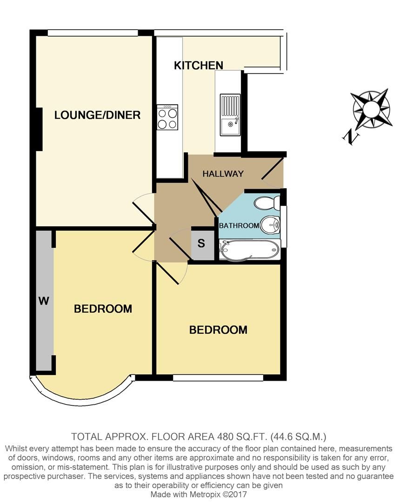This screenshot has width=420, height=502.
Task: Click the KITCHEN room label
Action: (x=199, y=66)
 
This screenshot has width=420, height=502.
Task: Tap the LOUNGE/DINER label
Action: (x=97, y=115)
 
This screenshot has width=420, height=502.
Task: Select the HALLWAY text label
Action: (x=223, y=174)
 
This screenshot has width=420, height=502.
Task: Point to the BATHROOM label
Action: (x=239, y=225)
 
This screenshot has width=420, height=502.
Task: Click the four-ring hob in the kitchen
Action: (x=167, y=117)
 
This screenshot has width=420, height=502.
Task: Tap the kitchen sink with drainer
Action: (x=230, y=114)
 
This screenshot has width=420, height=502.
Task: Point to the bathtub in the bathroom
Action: (x=249, y=250)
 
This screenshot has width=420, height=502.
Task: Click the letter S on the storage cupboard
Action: (x=201, y=244)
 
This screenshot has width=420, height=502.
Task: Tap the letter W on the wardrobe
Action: (x=43, y=301)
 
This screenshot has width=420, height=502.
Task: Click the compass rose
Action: (x=371, y=109)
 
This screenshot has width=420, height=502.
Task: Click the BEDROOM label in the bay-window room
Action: (x=103, y=309)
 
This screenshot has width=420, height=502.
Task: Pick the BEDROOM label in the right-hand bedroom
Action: (x=218, y=330)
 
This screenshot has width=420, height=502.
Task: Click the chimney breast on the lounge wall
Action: (x=39, y=129)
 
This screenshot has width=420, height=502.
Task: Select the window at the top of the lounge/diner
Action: (x=93, y=33)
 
